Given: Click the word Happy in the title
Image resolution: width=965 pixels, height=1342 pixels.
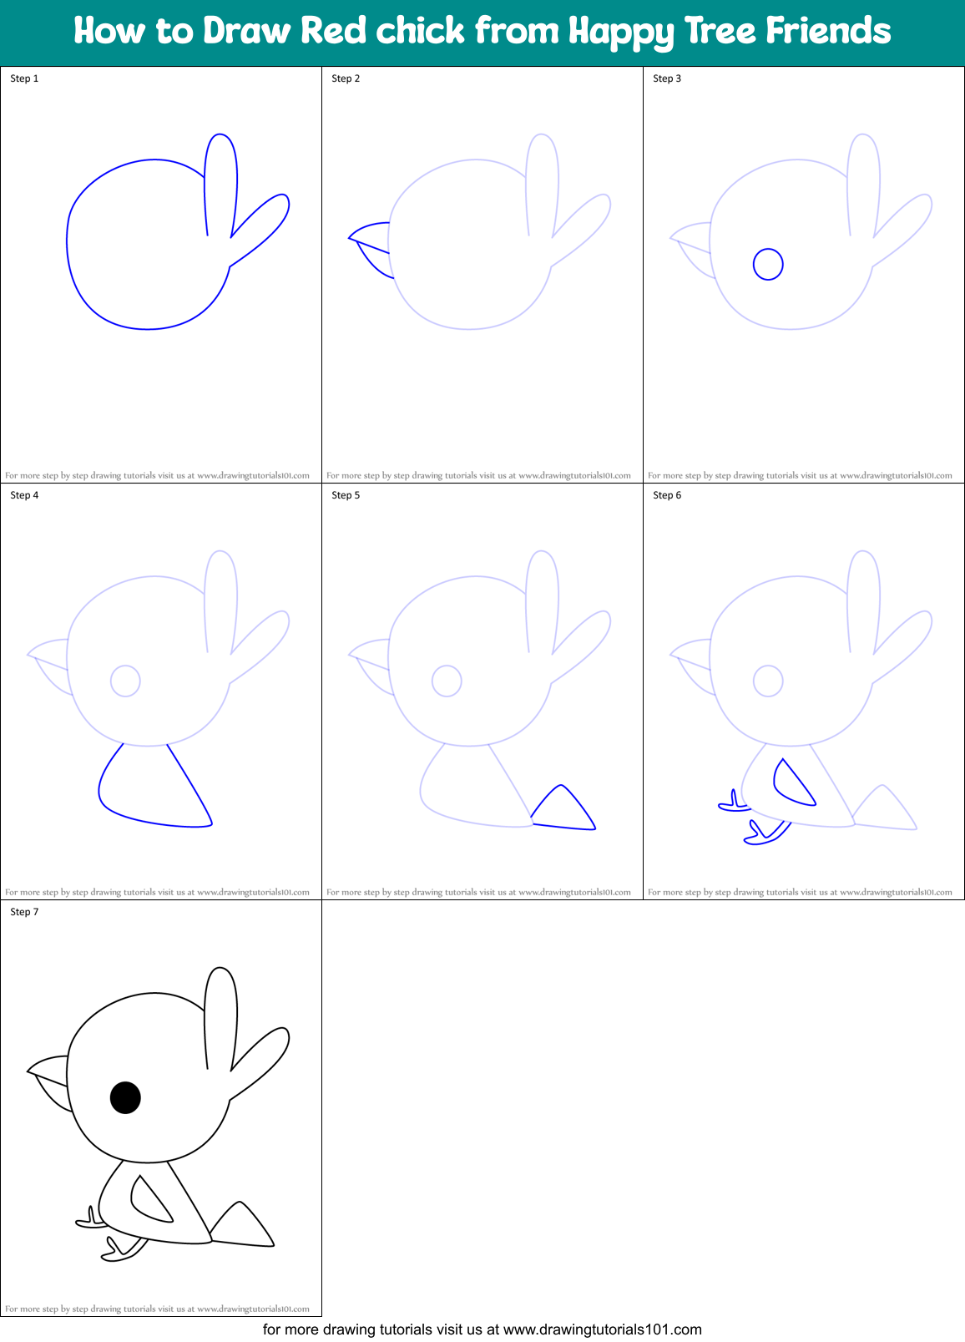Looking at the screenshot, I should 621,32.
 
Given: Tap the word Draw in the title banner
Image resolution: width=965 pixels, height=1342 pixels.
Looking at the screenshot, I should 248,32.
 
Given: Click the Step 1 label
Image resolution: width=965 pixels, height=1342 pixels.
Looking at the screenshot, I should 24,78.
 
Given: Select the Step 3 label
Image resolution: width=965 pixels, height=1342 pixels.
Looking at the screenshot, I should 667,78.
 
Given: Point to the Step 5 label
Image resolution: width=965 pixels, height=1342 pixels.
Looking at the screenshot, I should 346,495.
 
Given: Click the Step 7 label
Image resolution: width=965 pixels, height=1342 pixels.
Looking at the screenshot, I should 24,912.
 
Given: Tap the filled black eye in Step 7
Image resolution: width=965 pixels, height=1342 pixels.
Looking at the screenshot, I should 125,1097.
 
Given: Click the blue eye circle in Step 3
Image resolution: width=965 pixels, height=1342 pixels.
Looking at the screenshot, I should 768,265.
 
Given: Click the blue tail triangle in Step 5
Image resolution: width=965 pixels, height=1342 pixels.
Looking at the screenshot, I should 564,810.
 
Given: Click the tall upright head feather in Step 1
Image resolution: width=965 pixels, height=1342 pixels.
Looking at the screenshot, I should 221,180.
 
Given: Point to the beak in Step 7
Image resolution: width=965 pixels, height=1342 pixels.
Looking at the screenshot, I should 50,1081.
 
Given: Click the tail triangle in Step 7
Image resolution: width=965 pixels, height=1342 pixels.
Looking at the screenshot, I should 243,1227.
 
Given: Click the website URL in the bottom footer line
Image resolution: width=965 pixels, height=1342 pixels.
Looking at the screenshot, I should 602,1329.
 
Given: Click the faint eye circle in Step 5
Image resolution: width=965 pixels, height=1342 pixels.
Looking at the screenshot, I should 447,681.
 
